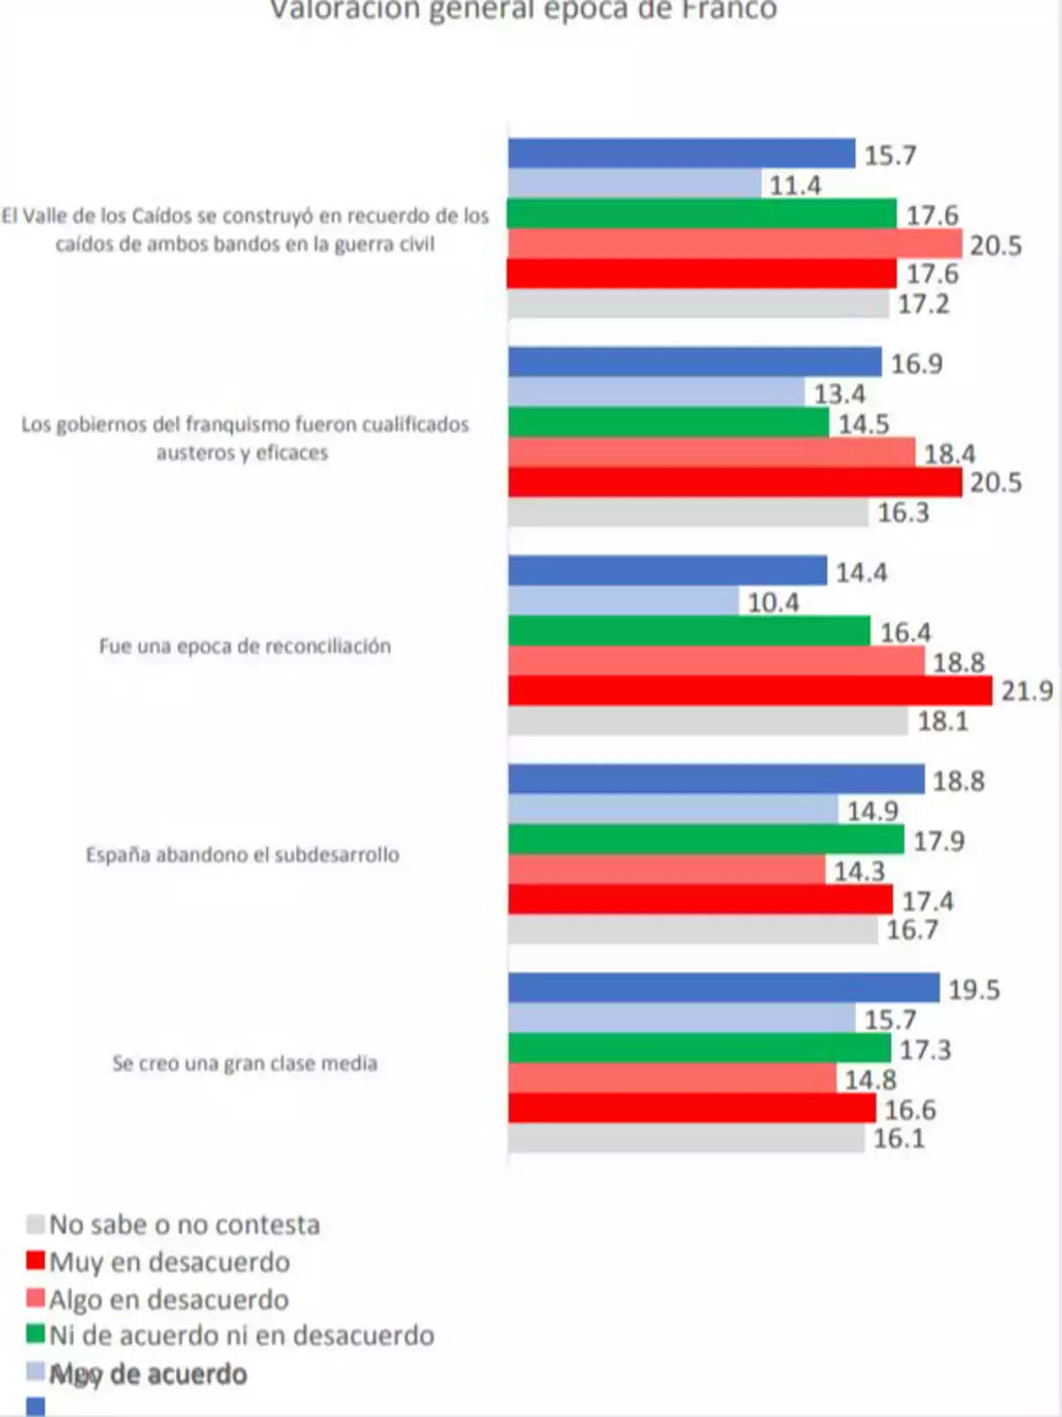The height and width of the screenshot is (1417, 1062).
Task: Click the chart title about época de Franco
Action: pos(523,11)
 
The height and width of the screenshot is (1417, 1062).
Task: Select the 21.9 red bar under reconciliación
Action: pos(750,691)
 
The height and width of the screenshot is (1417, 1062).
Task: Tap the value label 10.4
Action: pos(773,603)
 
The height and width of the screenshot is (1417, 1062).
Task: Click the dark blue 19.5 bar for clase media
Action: pos(723,987)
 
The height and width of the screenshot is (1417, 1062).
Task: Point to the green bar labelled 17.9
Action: pos(705,840)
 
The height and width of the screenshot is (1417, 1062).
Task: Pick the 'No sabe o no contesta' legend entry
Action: pos(183,1225)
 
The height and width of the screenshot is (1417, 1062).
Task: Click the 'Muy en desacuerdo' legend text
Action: pos(169,1262)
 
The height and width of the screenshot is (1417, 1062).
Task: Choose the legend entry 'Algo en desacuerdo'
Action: pos(168,1299)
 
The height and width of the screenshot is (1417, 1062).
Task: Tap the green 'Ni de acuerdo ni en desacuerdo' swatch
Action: pos(35,1335)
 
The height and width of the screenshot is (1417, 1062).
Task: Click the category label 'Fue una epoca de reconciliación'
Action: pos(245,646)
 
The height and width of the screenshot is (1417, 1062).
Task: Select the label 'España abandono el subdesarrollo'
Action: pos(242,855)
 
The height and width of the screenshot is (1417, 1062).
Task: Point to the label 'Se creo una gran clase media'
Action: pos(245,1063)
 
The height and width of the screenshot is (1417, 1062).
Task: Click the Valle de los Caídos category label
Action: pos(245,229)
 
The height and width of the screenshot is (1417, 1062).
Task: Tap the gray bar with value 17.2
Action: pos(698,304)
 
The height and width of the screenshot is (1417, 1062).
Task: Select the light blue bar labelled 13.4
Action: pos(656,392)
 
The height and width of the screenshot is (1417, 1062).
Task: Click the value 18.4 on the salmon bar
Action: pos(950,454)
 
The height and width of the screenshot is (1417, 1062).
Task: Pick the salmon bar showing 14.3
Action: pos(666,870)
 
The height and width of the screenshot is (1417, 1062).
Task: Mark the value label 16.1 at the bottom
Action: pos(898,1139)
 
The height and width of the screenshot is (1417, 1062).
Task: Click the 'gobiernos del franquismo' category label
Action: pos(245,437)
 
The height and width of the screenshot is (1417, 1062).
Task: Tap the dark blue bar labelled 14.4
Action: pos(667,571)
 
